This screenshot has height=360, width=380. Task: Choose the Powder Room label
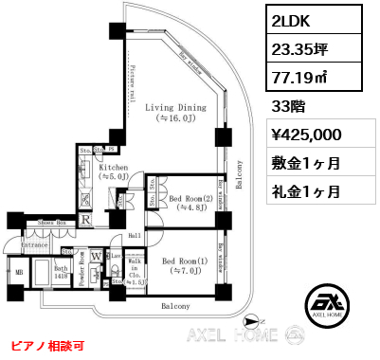point(82,268)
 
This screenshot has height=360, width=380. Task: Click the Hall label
point(134,234)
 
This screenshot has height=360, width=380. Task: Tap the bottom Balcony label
point(174,306)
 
